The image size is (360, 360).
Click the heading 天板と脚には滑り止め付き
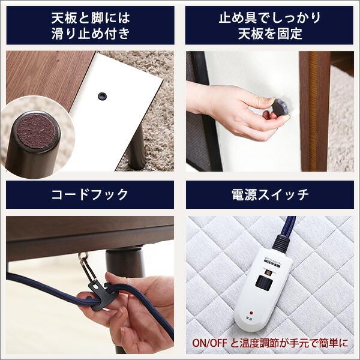click(90, 25)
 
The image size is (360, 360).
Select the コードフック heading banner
click(90, 194)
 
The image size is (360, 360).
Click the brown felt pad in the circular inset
click(37, 131)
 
